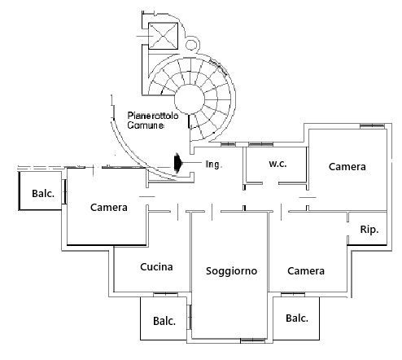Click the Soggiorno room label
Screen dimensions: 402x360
(x=231, y=271)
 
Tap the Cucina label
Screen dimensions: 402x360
(x=156, y=267)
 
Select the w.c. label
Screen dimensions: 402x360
(x=277, y=164)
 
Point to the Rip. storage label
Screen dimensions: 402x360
(x=369, y=230)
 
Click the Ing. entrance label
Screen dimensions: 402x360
(x=214, y=165)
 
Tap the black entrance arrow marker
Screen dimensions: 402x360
(x=178, y=163)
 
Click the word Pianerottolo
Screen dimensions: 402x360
(x=153, y=116)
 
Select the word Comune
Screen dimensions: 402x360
(x=146, y=125)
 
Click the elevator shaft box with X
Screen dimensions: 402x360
(x=163, y=36)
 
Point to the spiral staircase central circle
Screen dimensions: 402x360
(x=189, y=99)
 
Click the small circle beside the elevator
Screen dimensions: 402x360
(x=191, y=45)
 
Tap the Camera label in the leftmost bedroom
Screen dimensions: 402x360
(x=109, y=208)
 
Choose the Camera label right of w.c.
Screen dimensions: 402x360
(x=347, y=167)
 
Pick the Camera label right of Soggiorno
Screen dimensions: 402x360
(x=306, y=271)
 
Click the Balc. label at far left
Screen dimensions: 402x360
(x=43, y=194)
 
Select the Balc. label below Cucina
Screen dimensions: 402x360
(x=164, y=321)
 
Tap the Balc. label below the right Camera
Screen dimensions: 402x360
(x=297, y=318)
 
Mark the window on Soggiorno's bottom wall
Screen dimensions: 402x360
(x=253, y=340)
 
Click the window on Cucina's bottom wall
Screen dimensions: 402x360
(x=165, y=294)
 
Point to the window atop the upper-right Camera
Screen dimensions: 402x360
(x=372, y=125)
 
